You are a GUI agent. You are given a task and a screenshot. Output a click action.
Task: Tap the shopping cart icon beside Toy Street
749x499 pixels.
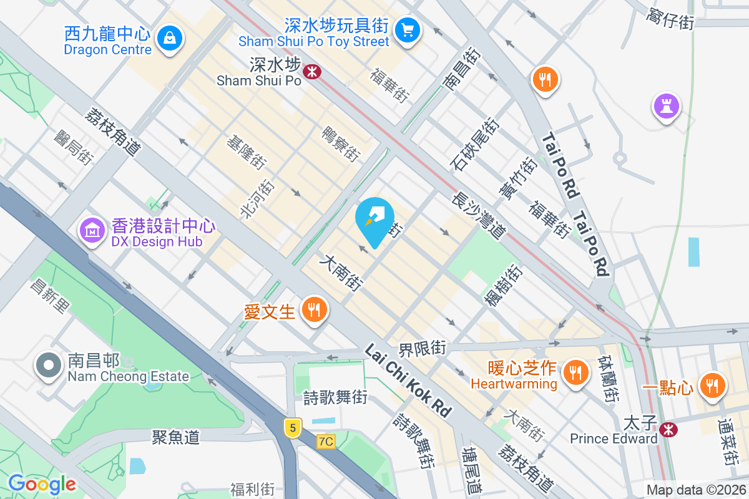coord(408,29)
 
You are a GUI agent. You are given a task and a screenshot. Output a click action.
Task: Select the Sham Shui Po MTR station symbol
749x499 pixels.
coord(311,72)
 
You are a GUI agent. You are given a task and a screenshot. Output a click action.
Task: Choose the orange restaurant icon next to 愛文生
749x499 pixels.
coord(314,309)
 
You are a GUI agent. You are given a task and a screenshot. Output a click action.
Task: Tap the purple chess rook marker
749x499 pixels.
coord(666,105)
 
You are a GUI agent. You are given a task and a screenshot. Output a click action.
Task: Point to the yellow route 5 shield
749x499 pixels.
coord(292,427)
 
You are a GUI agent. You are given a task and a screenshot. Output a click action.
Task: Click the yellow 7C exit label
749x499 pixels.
coord(326,442)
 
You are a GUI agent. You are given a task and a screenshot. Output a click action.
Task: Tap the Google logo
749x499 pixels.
coord(42,484)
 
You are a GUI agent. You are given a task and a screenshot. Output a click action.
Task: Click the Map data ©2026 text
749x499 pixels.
coord(695,490)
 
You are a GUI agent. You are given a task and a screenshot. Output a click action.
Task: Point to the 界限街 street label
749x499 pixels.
coord(423,347)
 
